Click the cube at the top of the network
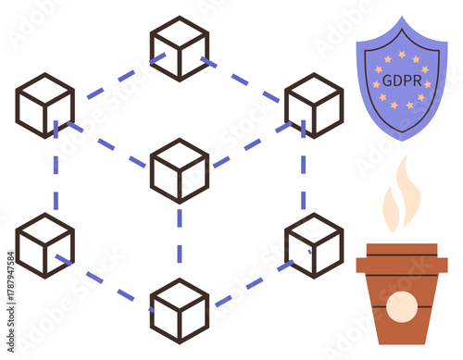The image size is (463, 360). click(x=180, y=48)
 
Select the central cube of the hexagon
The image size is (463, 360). click(x=180, y=170)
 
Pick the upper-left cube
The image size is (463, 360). click(x=44, y=106)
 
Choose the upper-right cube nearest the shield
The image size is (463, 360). click(x=314, y=106)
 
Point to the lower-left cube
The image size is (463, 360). click(x=44, y=245)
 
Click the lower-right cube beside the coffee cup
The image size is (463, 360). click(x=314, y=245)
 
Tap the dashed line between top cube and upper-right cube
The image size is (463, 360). click(x=246, y=80)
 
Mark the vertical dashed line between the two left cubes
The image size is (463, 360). click(x=56, y=176)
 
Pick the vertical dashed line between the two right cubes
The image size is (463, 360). click(x=303, y=176)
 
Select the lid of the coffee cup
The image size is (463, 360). click(x=402, y=258)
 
